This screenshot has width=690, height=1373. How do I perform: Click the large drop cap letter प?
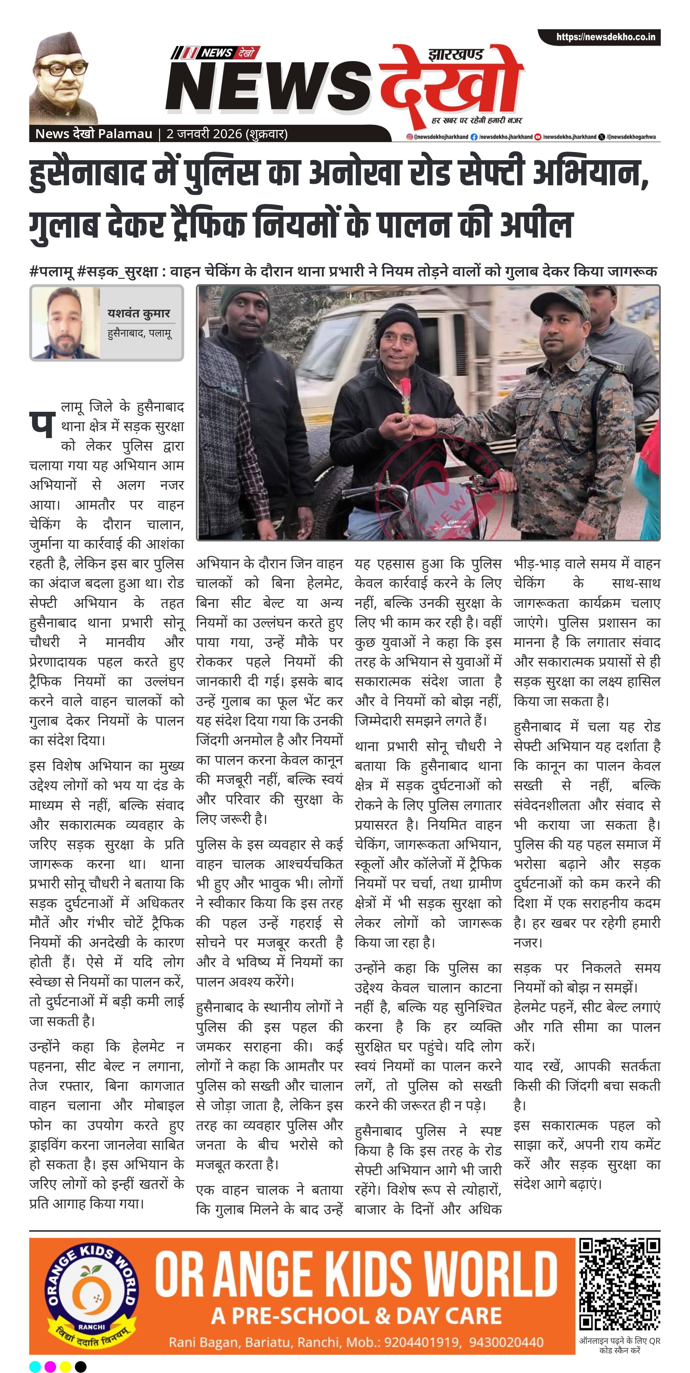point(42,424)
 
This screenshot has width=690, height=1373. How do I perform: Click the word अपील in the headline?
point(536,224)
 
